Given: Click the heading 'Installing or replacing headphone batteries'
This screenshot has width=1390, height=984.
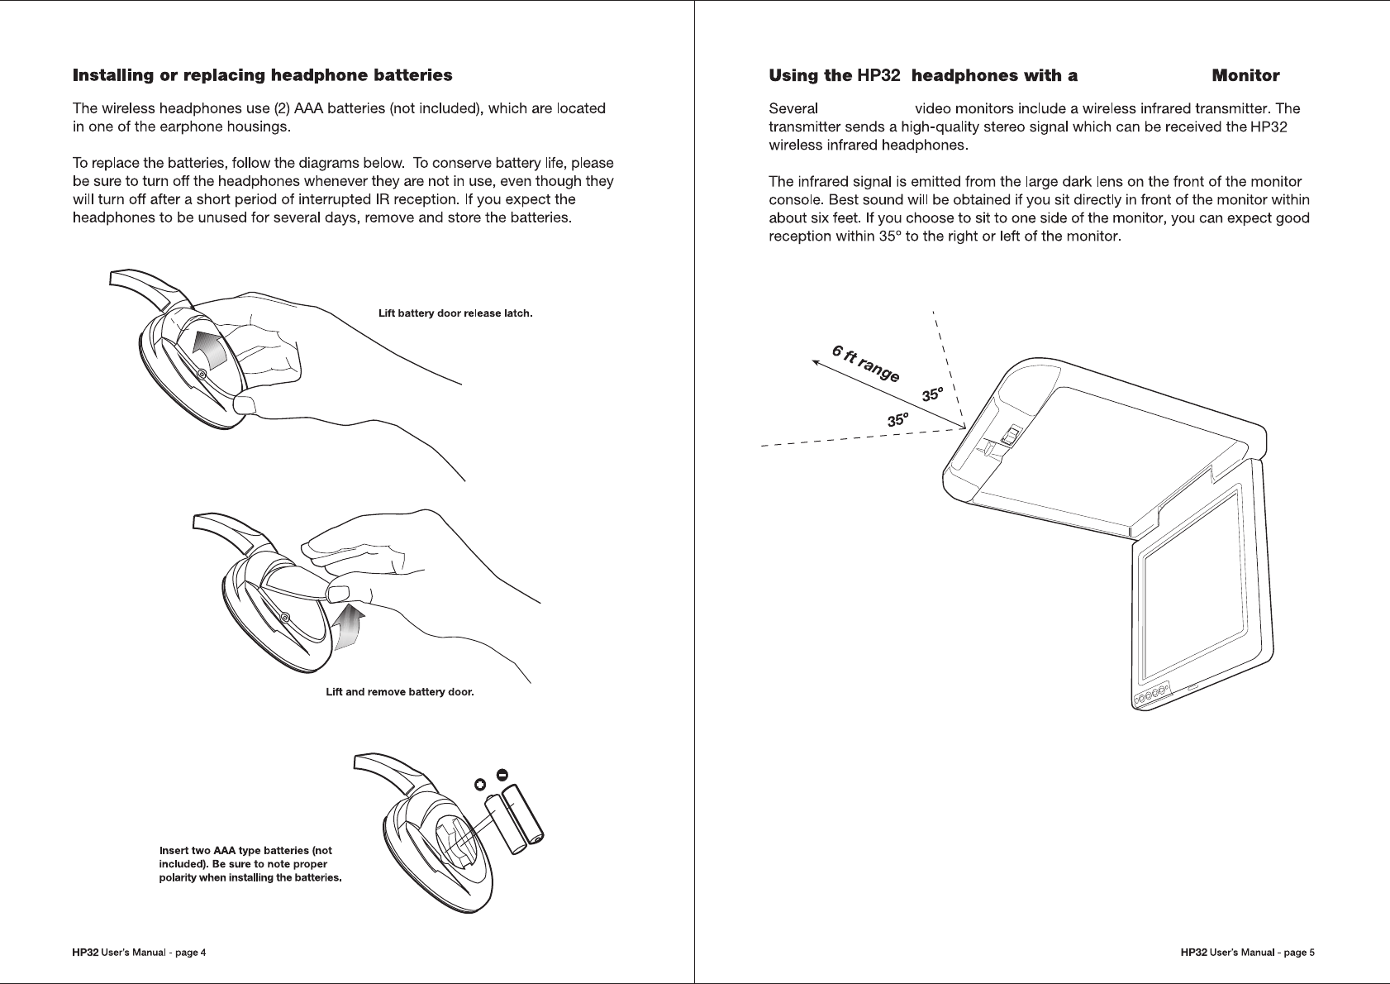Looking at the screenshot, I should (x=263, y=76).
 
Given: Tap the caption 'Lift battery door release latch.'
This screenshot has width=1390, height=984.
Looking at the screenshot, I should (x=455, y=313).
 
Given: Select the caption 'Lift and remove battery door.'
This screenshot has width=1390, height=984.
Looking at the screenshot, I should (x=400, y=692).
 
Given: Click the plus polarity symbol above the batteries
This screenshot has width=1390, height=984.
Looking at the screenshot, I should (x=480, y=783).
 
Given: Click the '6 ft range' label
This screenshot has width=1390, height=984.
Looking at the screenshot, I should (x=865, y=364).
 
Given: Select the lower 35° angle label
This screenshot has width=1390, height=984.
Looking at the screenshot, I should (x=898, y=420).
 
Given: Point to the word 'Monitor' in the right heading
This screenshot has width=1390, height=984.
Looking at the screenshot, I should (x=1245, y=76).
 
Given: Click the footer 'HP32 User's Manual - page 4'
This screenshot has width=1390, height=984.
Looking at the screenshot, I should (x=140, y=953).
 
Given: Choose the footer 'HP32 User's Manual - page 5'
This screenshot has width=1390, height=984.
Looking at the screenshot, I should (x=1248, y=953).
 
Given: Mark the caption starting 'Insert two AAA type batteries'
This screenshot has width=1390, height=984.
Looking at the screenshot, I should (x=250, y=864).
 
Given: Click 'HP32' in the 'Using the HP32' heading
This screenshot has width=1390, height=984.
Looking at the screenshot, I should (x=878, y=76).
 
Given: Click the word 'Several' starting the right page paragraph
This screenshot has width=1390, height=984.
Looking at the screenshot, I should (x=793, y=109).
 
